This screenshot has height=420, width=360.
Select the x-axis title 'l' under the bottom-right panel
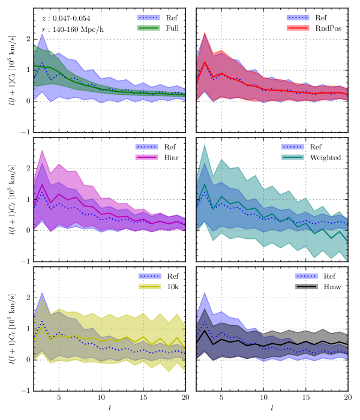click(x=272, y=409)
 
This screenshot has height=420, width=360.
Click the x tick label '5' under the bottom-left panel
click(x=59, y=398)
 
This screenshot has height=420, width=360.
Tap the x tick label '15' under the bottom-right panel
click(x=306, y=398)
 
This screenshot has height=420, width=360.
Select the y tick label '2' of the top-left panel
click(x=27, y=38)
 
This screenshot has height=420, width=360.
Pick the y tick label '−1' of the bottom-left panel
click(x=25, y=391)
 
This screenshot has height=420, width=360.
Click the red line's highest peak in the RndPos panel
click(x=205, y=62)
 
